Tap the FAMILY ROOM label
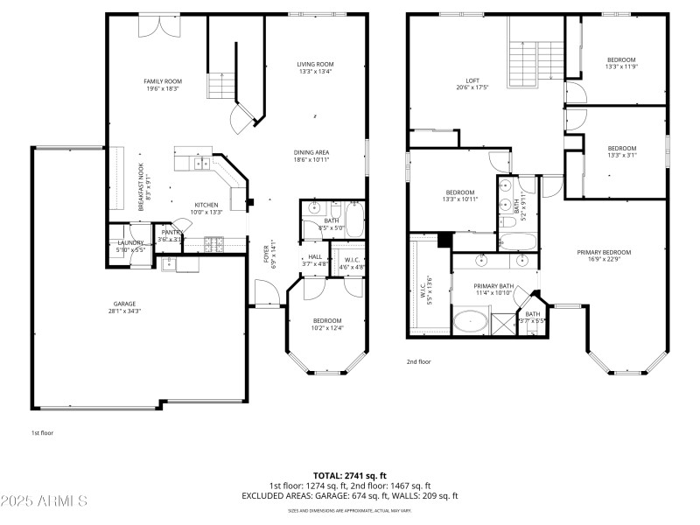click(163, 81)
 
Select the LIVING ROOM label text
click(316, 64)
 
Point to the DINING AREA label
click(311, 152)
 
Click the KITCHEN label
click(206, 205)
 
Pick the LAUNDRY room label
click(130, 242)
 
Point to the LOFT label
click(472, 80)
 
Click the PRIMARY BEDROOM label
click(604, 252)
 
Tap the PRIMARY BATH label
click(493, 286)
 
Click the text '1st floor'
click(43, 433)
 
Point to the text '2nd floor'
click(419, 361)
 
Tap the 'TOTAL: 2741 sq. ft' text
click(350, 476)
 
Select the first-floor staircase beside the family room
click(221, 85)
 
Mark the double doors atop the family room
click(161, 25)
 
